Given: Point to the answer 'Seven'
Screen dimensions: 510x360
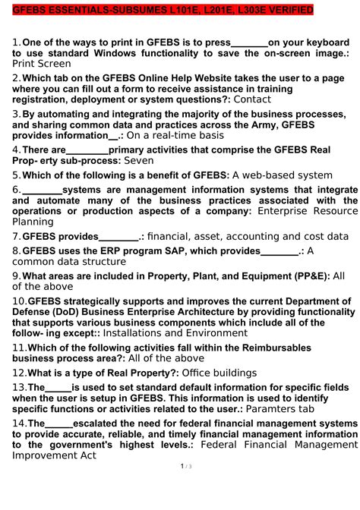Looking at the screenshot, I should click(x=139, y=161).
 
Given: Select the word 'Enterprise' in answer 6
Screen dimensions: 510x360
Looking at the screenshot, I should click(x=289, y=210).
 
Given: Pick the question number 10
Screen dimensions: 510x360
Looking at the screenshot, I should click(x=19, y=301).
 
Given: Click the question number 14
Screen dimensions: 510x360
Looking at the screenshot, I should click(x=19, y=423).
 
